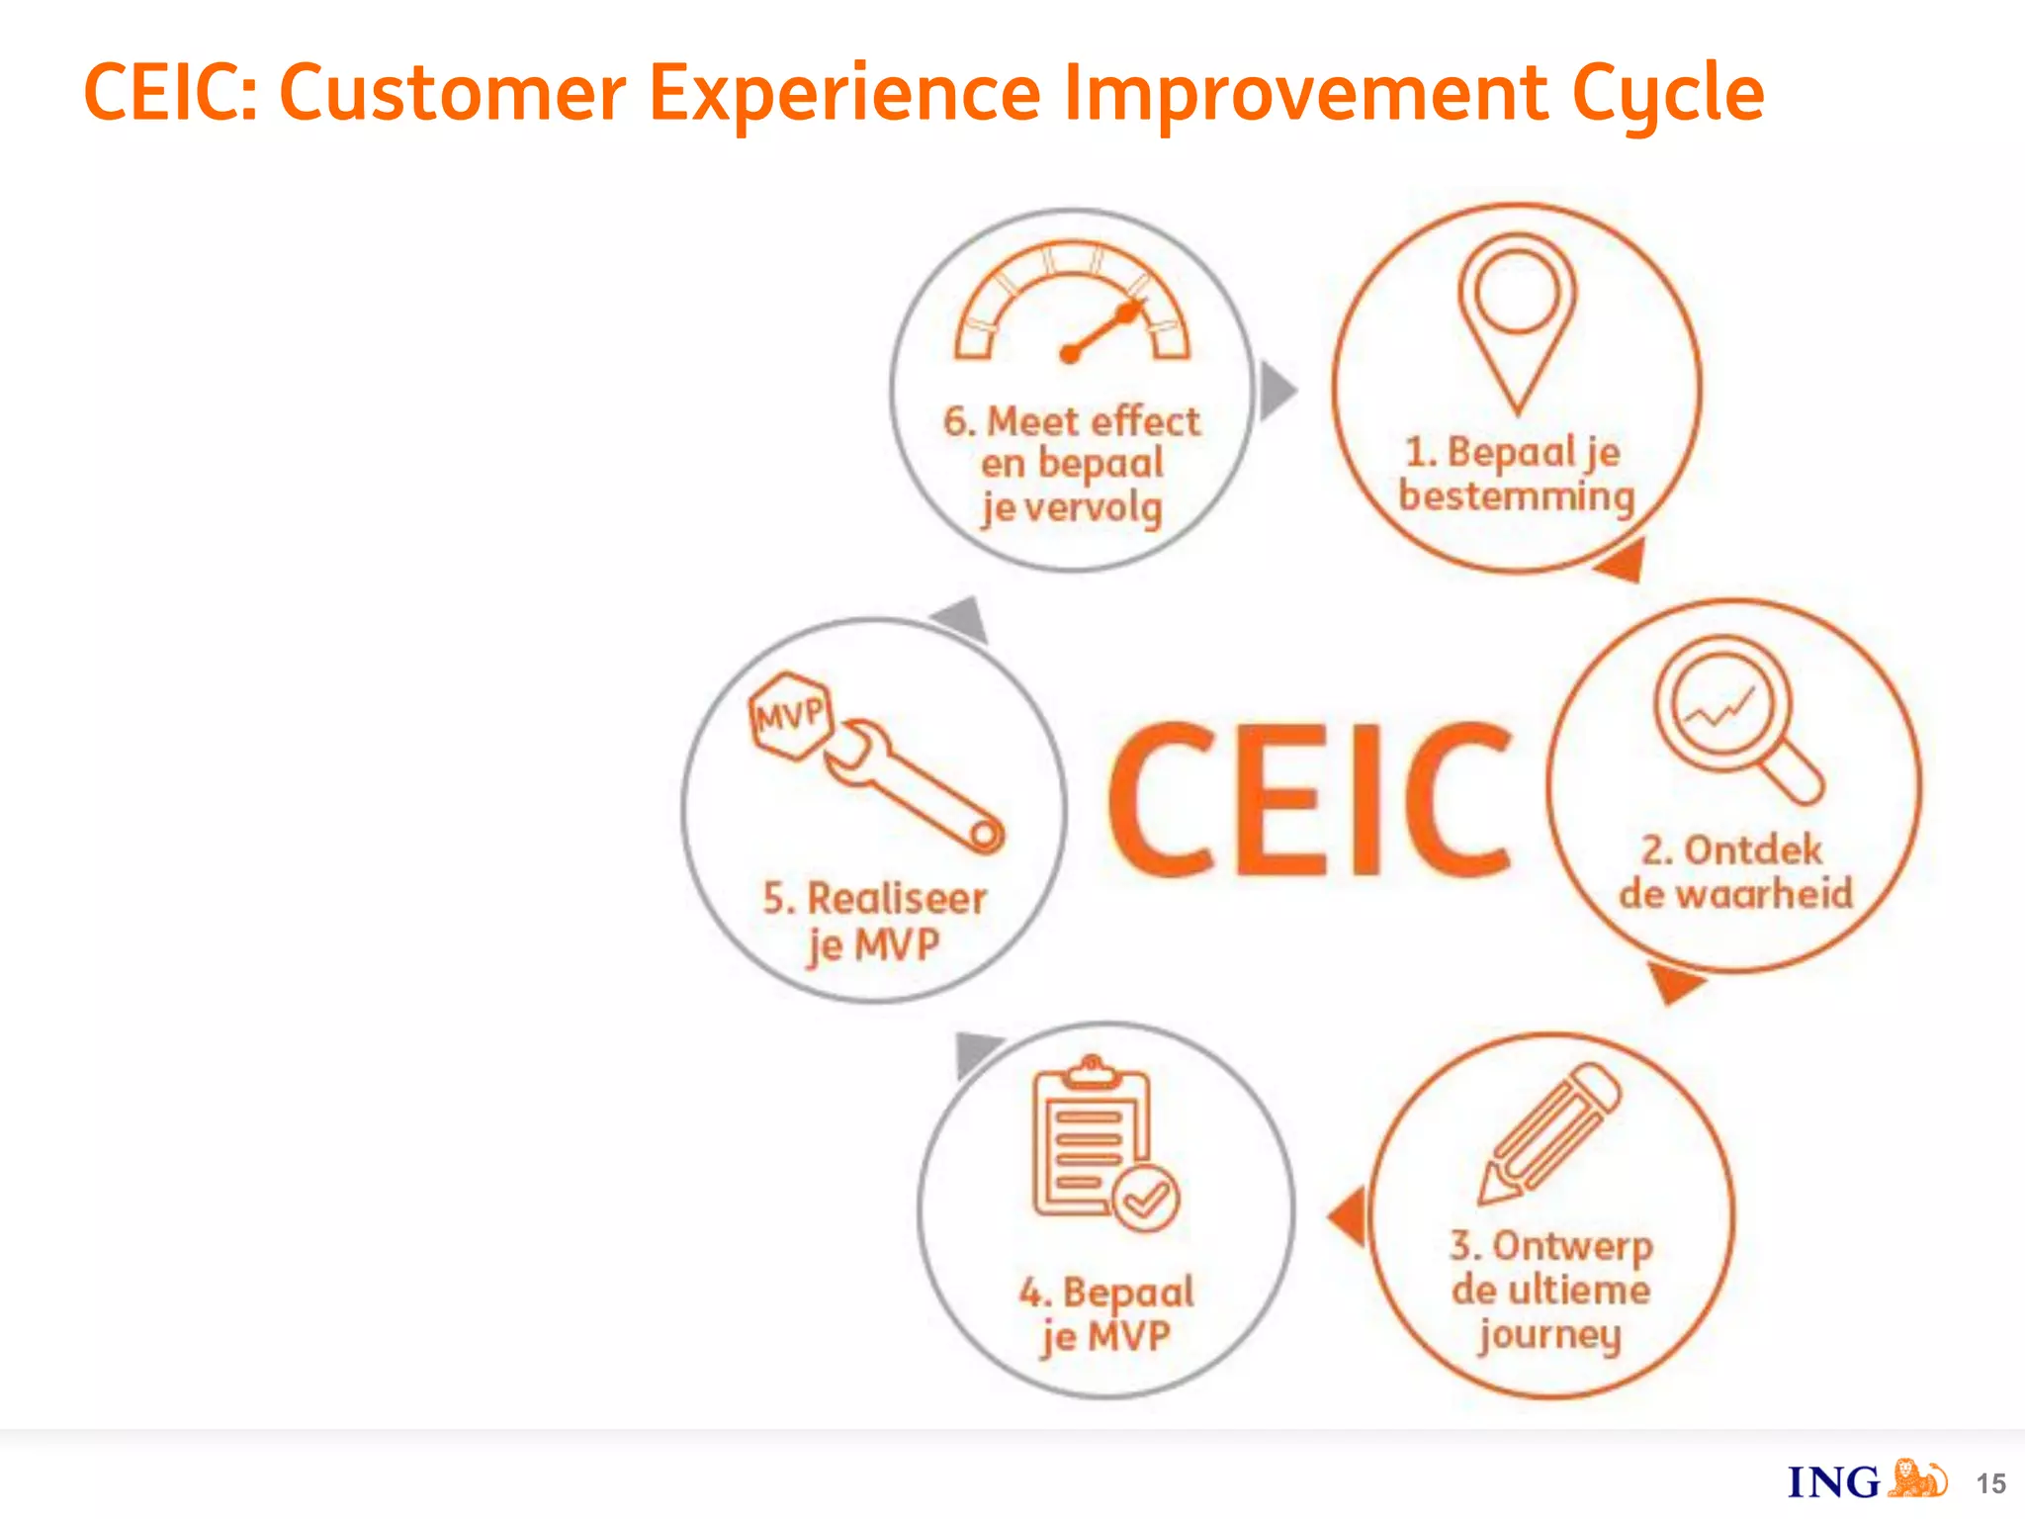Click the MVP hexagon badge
(789, 715)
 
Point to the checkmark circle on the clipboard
(1145, 1199)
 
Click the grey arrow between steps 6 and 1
(1277, 390)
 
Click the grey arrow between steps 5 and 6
(962, 620)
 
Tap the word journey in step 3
(1549, 1335)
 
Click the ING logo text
(1833, 1482)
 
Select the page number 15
(1990, 1483)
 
